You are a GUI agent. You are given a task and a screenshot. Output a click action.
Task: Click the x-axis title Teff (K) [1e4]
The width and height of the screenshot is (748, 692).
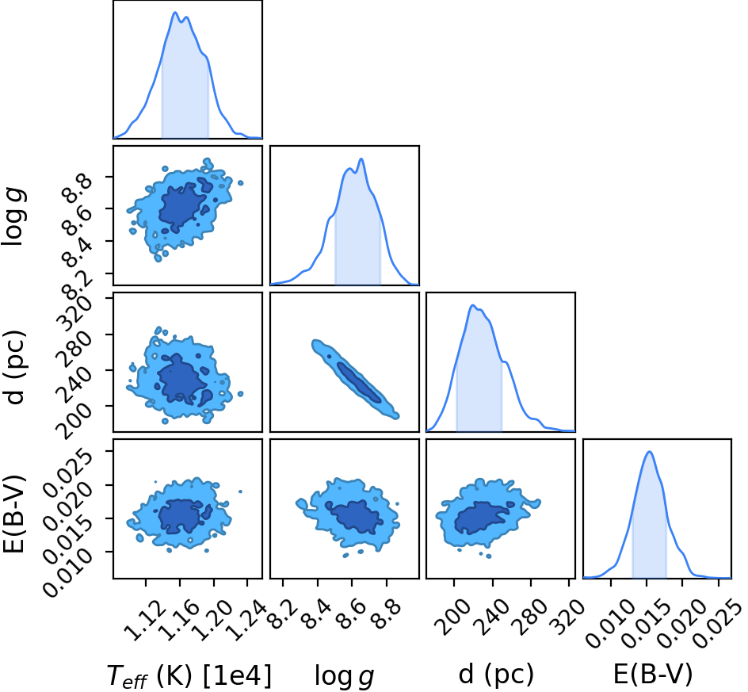(189, 676)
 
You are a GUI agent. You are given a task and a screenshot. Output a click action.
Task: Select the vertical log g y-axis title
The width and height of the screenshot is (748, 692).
(13, 217)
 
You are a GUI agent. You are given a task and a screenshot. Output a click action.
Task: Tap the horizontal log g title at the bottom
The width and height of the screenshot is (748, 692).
(344, 677)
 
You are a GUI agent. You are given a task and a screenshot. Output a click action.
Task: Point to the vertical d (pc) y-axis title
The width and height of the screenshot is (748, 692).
(14, 366)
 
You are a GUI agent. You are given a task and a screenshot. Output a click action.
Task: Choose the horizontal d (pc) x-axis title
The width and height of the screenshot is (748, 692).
(496, 675)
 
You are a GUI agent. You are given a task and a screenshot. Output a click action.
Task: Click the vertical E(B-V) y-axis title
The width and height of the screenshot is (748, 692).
(13, 514)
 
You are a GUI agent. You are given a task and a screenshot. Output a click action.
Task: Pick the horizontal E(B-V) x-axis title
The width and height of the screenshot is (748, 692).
(652, 675)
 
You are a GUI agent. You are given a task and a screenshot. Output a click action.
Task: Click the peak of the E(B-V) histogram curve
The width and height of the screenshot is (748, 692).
(649, 452)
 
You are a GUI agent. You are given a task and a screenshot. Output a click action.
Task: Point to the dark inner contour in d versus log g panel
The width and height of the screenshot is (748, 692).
(359, 383)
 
